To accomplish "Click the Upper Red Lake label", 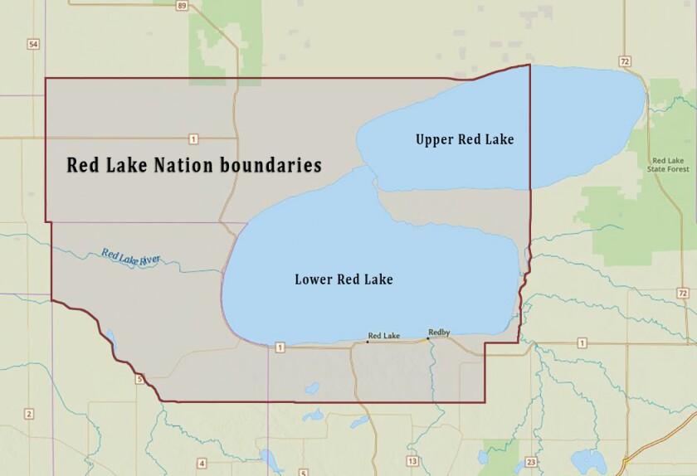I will pyautogui.click(x=465, y=140).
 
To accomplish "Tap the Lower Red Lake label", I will pyautogui.click(x=344, y=279).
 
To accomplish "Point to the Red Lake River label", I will pyautogui.click(x=131, y=257).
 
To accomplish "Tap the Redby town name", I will pyautogui.click(x=439, y=333).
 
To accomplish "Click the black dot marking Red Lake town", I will pyautogui.click(x=368, y=341).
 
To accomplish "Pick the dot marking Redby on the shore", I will pyautogui.click(x=428, y=338).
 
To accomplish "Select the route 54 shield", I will pyautogui.click(x=33, y=44).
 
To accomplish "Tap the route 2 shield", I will pyautogui.click(x=29, y=414).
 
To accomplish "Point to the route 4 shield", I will pyautogui.click(x=202, y=463).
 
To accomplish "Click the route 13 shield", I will pyautogui.click(x=412, y=461).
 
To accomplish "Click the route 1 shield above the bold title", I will pyautogui.click(x=193, y=138).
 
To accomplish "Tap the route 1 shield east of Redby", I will pyautogui.click(x=582, y=342).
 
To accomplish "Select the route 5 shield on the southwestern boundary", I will pyautogui.click(x=140, y=380).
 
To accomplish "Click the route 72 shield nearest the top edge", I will pyautogui.click(x=625, y=61).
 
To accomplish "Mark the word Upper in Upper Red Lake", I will pyautogui.click(x=433, y=140).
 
